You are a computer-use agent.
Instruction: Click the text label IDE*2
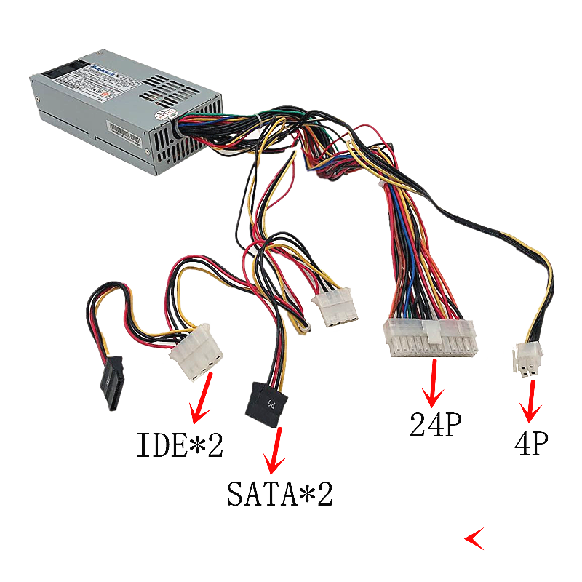pyautogui.click(x=180, y=445)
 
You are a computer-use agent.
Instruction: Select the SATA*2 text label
pyautogui.click(x=279, y=495)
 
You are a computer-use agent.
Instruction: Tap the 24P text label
pyautogui.click(x=436, y=425)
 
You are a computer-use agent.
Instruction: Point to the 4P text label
pyautogui.click(x=530, y=443)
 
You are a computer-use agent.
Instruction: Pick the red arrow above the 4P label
pyautogui.click(x=532, y=401)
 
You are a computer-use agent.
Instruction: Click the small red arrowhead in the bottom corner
pyautogui.click(x=474, y=538)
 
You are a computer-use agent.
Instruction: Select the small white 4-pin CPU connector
pyautogui.click(x=525, y=361)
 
